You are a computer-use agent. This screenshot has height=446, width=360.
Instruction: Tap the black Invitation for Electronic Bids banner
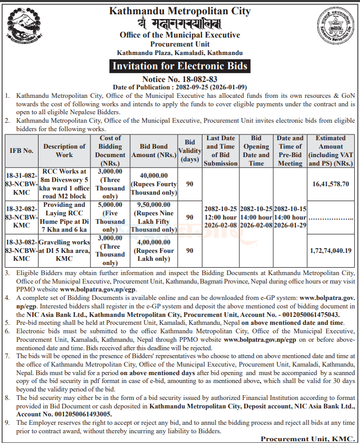pyautogui.click(x=180, y=67)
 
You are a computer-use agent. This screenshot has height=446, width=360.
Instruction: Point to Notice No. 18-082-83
pyautogui.click(x=180, y=79)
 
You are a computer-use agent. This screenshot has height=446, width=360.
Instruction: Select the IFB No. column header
pyautogui.click(x=22, y=151)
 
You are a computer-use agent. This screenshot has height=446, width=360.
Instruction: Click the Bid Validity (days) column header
pyautogui.click(x=190, y=151)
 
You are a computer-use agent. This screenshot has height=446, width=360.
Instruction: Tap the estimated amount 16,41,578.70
pyautogui.click(x=330, y=184)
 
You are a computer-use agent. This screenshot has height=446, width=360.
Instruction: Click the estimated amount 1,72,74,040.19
pyautogui.click(x=330, y=250)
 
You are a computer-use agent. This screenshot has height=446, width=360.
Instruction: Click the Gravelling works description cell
pyautogui.click(x=64, y=250)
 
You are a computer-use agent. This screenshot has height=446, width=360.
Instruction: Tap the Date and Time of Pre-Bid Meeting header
pyautogui.click(x=290, y=151)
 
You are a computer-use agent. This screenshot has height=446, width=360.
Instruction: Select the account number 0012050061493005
pyautogui.click(x=79, y=414)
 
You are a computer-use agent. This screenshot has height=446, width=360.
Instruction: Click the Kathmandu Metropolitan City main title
pyautogui.click(x=180, y=11)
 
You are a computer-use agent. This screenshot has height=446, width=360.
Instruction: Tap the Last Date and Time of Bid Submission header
pyautogui.click(x=220, y=151)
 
